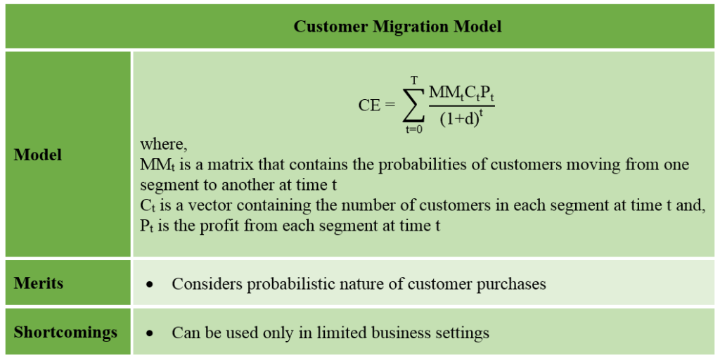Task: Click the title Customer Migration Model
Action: click(x=397, y=27)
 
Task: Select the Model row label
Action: click(x=38, y=155)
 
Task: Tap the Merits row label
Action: click(x=39, y=283)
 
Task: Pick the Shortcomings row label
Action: click(x=65, y=332)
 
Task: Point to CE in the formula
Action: click(x=370, y=105)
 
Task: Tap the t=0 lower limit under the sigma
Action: click(x=413, y=129)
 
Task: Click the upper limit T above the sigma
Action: click(x=414, y=82)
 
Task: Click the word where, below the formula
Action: click(x=164, y=144)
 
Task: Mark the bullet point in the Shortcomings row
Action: click(x=149, y=334)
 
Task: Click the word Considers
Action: click(x=207, y=283)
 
